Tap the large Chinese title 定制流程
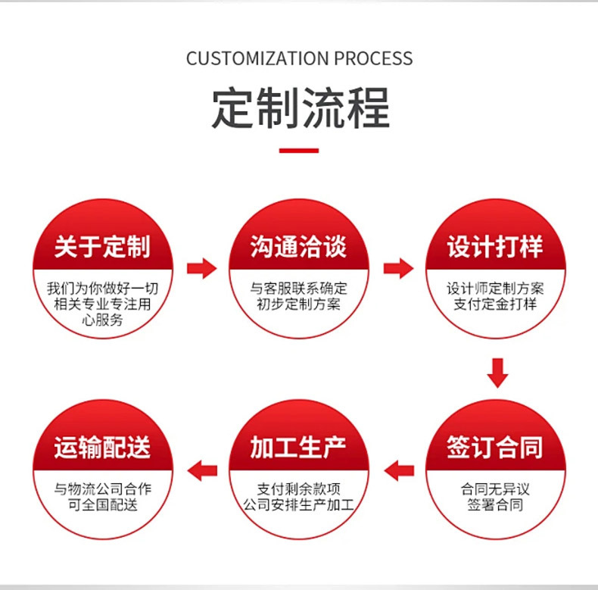pos(300,108)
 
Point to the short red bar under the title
pos(299,151)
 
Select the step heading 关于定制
pos(102,246)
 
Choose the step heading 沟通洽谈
pos(299,246)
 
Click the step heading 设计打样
pos(495,246)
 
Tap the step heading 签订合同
pos(495,447)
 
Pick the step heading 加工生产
pos(299,447)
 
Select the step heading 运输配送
pos(102,447)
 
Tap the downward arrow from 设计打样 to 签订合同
pos(497,372)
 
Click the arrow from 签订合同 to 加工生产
pos(399,470)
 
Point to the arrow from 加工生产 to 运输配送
pos(202,470)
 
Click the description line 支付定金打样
pos(495,304)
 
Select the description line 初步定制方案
pos(299,304)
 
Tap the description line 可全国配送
pos(102,504)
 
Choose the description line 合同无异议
pos(495,489)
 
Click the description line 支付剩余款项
pos(299,489)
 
